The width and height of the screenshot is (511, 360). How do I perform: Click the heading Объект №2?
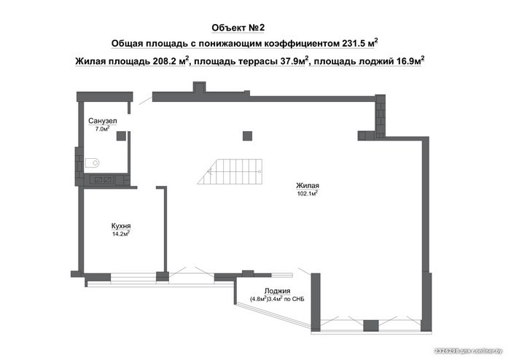click(x=238, y=28)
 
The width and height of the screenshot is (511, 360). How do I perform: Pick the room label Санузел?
click(x=103, y=121)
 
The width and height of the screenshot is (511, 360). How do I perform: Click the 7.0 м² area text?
click(x=102, y=129)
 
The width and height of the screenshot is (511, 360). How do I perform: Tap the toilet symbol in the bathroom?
click(x=93, y=163)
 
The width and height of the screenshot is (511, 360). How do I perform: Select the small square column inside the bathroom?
click(x=121, y=136)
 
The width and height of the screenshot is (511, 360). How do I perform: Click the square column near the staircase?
click(x=247, y=136)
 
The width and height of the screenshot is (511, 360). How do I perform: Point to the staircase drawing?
click(x=230, y=171)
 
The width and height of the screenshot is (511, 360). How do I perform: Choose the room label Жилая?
click(x=308, y=186)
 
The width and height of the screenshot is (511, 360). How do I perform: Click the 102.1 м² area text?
click(x=308, y=194)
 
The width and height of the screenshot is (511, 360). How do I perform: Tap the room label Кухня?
click(x=121, y=226)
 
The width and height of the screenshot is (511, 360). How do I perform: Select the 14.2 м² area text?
click(x=121, y=234)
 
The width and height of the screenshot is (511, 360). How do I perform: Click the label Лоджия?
click(x=277, y=291)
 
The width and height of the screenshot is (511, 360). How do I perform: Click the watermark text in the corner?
click(x=469, y=351)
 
